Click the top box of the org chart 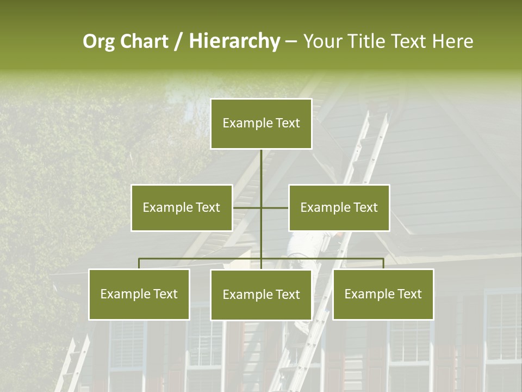click(261, 124)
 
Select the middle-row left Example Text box click(182, 207)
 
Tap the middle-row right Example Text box click(339, 207)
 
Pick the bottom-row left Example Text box click(139, 294)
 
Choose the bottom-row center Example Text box click(261, 295)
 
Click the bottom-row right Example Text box click(383, 294)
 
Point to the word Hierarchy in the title click(234, 42)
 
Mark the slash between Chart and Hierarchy click(178, 42)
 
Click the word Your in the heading click(322, 41)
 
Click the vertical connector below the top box click(261, 174)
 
